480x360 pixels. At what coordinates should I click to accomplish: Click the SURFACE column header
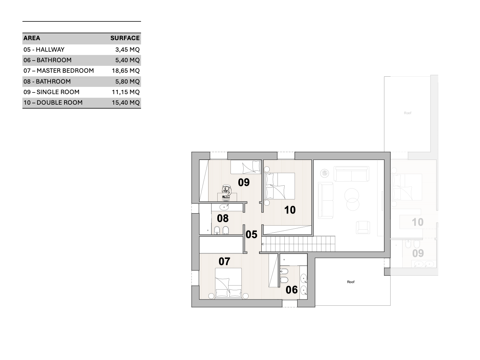click(x=125, y=38)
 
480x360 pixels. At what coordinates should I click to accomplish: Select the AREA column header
click(x=32, y=38)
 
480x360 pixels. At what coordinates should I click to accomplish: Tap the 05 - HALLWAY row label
click(x=44, y=49)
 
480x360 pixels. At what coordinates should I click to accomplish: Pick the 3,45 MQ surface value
click(x=128, y=50)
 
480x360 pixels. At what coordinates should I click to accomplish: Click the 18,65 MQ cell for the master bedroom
click(x=126, y=71)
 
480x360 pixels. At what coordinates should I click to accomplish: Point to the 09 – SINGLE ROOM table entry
click(x=51, y=92)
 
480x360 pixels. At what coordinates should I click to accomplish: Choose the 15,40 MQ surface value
click(x=126, y=103)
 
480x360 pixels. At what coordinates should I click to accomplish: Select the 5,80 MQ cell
click(x=128, y=82)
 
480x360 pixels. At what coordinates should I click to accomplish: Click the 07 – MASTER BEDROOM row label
click(x=59, y=71)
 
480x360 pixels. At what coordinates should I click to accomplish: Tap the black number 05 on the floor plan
click(x=251, y=235)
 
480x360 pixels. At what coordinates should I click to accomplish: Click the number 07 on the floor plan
click(x=224, y=262)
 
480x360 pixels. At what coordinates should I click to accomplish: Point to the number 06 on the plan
click(x=292, y=290)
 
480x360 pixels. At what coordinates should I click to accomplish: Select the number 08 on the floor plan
click(x=223, y=219)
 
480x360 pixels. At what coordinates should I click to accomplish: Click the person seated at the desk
click(x=227, y=191)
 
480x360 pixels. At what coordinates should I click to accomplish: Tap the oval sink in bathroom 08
click(x=224, y=207)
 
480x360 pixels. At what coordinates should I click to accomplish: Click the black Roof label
click(x=350, y=282)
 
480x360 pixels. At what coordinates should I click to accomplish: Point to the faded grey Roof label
click(x=407, y=113)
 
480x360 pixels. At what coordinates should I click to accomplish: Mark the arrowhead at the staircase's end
click(x=263, y=244)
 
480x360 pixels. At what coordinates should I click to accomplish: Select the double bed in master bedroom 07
click(x=228, y=283)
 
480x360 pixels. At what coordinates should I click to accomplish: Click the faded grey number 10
click(x=418, y=222)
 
